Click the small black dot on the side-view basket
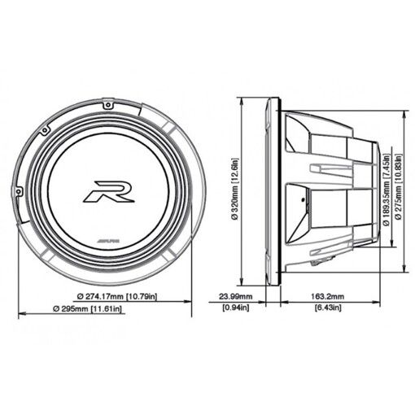tap(298, 196)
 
